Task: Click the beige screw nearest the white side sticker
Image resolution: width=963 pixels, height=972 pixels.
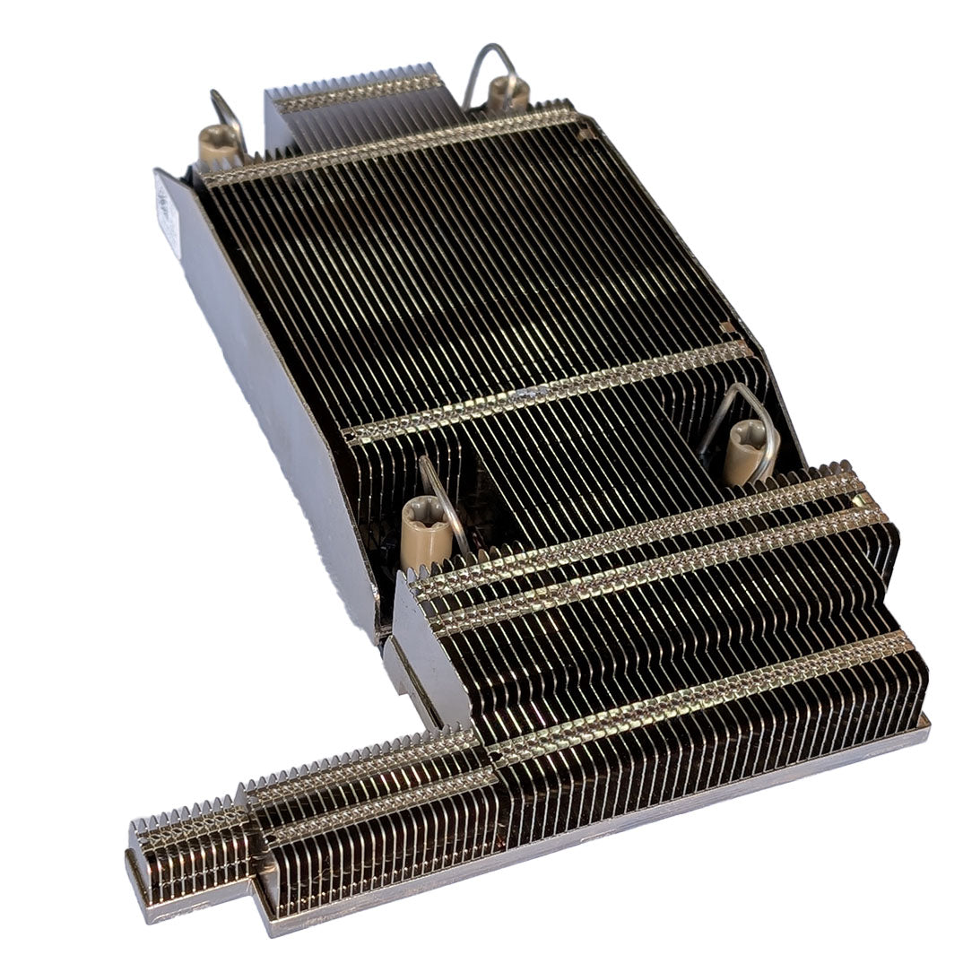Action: (219, 143)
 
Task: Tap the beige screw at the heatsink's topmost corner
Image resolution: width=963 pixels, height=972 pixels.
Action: (508, 91)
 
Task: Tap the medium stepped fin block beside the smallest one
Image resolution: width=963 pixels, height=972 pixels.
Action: (377, 807)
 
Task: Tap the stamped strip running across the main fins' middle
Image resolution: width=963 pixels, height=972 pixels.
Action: (547, 395)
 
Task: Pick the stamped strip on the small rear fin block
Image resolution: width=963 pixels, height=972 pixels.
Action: (359, 90)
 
